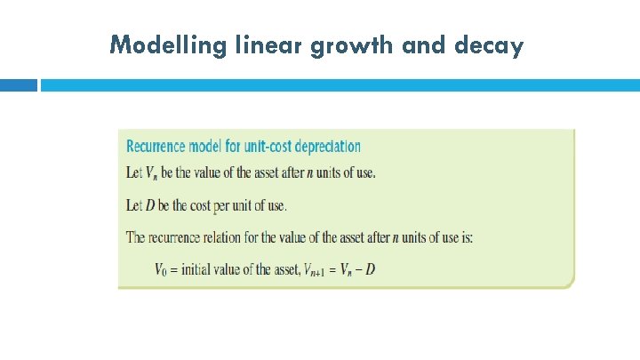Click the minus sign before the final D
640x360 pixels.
(x=358, y=268)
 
